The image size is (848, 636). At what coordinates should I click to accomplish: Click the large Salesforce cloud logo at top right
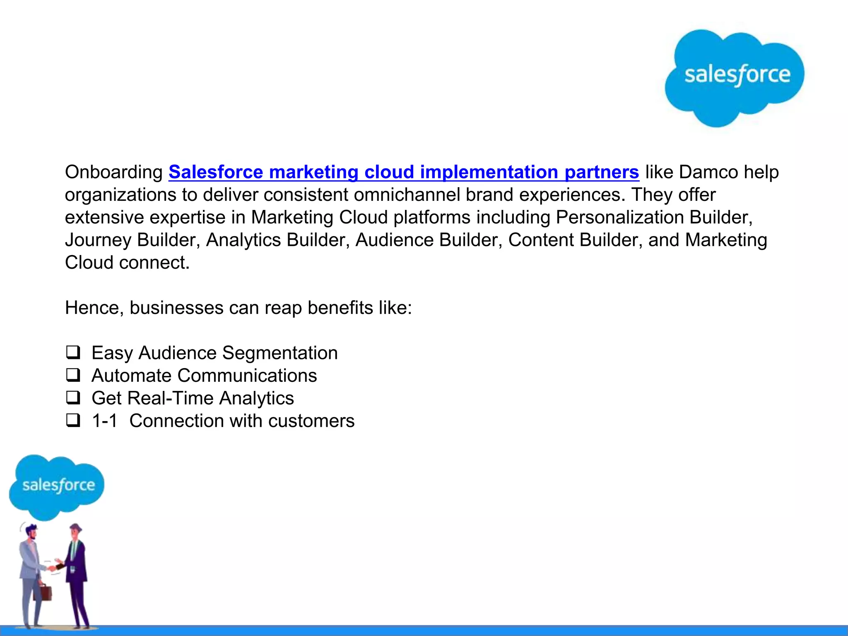pyautogui.click(x=734, y=77)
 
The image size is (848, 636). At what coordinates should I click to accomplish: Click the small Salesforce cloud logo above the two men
pyautogui.click(x=58, y=485)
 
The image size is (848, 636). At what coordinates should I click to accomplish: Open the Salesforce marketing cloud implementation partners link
pyautogui.click(x=404, y=172)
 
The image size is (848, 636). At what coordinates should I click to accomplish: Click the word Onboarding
pyautogui.click(x=114, y=172)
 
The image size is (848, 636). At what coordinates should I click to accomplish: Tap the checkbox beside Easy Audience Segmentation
pyautogui.click(x=73, y=353)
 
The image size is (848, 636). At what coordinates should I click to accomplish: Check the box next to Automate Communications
pyautogui.click(x=73, y=376)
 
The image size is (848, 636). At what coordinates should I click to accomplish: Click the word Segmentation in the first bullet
pyautogui.click(x=280, y=353)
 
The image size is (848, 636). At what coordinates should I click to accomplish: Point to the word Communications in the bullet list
pyautogui.click(x=247, y=376)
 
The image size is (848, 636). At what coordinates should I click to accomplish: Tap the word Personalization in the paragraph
pyautogui.click(x=619, y=218)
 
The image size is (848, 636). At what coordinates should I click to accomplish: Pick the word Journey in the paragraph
pyautogui.click(x=98, y=241)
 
